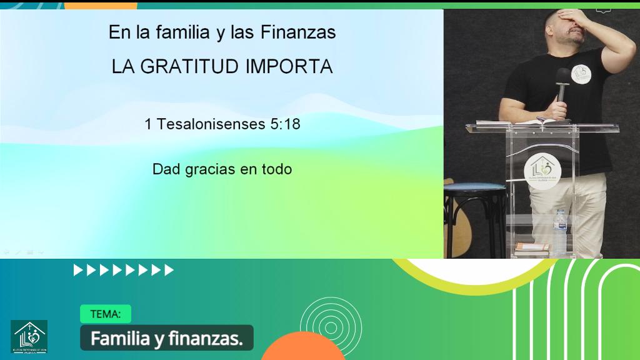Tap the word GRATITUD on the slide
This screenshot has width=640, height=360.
(x=194, y=67)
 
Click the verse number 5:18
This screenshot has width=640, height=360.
(x=286, y=124)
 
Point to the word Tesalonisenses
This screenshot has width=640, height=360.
(x=211, y=124)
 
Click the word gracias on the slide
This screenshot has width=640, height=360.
(x=211, y=169)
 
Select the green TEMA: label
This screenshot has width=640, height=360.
(x=105, y=314)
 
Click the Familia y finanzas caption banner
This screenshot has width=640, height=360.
(x=166, y=339)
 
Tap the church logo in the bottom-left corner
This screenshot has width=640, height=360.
(x=29, y=337)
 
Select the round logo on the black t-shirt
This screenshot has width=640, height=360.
(x=581, y=76)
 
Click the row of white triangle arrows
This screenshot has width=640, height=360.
(x=124, y=270)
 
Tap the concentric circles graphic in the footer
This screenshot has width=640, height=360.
(x=331, y=325)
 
